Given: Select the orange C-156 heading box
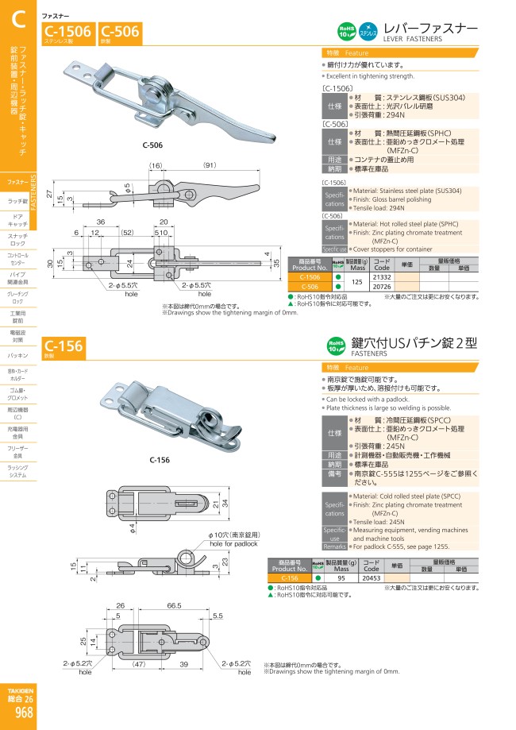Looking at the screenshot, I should [x=64, y=346].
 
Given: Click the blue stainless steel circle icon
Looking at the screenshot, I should [x=368, y=31].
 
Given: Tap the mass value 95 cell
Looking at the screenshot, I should [x=342, y=577].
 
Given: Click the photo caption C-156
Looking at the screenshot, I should [x=159, y=460].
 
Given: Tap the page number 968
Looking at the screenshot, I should [x=24, y=713].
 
